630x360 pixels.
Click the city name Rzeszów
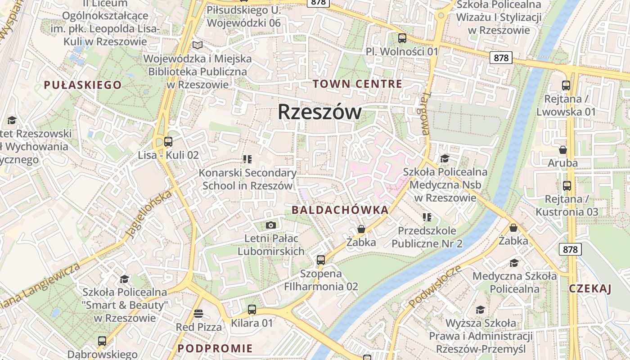point(319,112)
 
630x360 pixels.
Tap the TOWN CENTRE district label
point(357,84)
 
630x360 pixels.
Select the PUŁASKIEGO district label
point(83,85)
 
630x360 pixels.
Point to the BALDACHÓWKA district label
point(340,210)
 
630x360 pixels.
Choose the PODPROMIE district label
point(215,348)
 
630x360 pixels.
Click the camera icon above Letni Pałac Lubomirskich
point(271,225)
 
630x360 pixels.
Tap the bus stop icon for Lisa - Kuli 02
point(168,142)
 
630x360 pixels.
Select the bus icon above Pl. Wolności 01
point(402,38)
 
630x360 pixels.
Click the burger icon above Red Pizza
point(198,313)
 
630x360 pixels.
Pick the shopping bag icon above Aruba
point(562,150)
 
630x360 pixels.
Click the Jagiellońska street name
point(149,213)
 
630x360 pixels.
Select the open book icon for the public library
point(197,45)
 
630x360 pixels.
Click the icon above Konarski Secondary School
point(247,159)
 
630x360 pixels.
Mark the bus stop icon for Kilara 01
point(252,310)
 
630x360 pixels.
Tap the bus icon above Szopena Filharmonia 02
point(321,260)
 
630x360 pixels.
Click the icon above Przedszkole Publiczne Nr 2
point(427,218)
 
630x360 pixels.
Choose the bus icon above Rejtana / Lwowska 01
point(566,85)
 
